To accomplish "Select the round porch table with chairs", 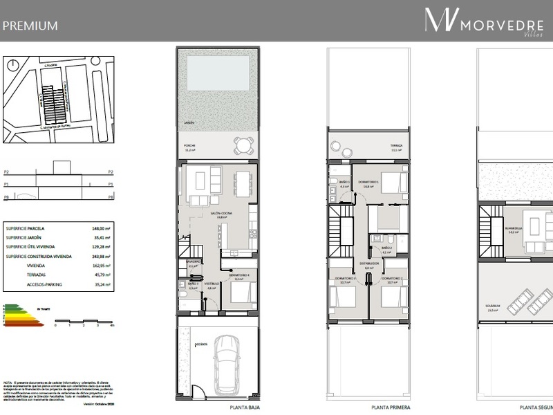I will [243, 146].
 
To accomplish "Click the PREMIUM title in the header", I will [30, 26].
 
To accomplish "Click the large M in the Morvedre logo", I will [440, 20].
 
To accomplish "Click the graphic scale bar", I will [82, 321].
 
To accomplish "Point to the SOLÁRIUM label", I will [494, 309].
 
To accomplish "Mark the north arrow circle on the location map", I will [13, 66].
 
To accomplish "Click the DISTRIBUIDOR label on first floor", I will [368, 263].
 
